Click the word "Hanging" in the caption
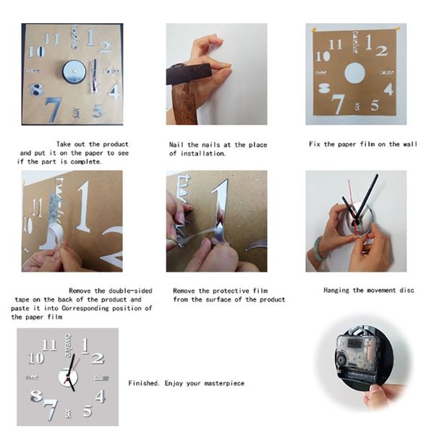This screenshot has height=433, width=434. [336, 290]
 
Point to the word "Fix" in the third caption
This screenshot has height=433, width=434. [315, 144]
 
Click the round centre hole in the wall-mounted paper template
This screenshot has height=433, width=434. [354, 73]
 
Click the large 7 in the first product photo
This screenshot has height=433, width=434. [54, 109]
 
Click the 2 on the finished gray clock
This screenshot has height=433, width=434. [98, 358]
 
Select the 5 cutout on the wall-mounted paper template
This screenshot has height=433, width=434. [375, 106]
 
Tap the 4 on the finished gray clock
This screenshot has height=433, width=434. [100, 396]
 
